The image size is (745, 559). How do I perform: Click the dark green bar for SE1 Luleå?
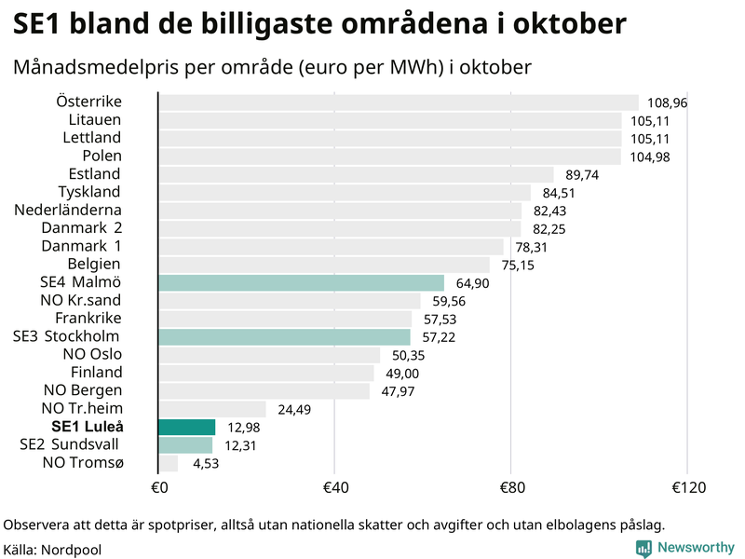click(x=187, y=427)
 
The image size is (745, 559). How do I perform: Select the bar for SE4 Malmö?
click(x=301, y=282)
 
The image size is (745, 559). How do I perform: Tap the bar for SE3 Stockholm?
click(x=284, y=336)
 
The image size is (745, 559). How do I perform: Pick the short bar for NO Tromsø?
click(x=169, y=463)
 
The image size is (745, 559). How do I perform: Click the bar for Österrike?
click(x=399, y=102)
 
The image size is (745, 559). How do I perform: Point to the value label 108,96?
click(x=667, y=102)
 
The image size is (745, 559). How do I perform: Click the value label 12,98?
click(x=243, y=428)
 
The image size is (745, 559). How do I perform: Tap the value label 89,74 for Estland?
click(x=582, y=175)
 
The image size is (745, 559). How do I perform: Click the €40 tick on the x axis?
click(x=334, y=487)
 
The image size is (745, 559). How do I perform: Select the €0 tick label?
click(x=158, y=487)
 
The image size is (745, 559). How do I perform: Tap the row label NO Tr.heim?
click(x=81, y=408)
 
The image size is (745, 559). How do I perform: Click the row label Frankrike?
click(x=88, y=318)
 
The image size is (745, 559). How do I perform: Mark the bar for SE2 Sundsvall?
click(x=185, y=444)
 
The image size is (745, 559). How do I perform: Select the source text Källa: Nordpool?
click(x=52, y=550)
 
